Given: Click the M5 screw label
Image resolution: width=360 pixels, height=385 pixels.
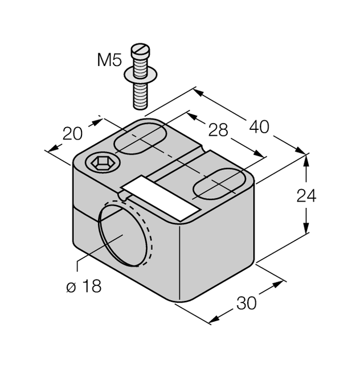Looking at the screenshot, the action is tap(109, 60).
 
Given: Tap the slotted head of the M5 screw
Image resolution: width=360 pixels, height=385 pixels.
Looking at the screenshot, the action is tap(141, 50).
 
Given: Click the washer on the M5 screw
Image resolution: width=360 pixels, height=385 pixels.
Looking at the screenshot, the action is tap(141, 75).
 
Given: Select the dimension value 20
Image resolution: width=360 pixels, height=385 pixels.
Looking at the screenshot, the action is tap(72, 134).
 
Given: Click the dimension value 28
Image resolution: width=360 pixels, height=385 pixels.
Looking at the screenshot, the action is tap(218, 130).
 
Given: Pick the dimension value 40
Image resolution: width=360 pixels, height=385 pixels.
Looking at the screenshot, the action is tap(259, 127).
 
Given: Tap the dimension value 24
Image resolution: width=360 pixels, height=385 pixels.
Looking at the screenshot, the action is tap(306, 196).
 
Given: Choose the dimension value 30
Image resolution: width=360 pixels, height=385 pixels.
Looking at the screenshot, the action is tap(246, 303).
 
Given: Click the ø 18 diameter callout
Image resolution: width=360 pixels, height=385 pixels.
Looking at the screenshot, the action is tap(84, 286).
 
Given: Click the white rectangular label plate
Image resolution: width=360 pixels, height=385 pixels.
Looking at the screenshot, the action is tap(161, 198).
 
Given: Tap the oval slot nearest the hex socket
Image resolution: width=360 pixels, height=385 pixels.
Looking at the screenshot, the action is tap(141, 139).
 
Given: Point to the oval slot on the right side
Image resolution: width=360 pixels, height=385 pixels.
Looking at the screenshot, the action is tap(219, 183).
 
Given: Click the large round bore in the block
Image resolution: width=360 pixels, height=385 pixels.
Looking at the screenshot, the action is tap(125, 234).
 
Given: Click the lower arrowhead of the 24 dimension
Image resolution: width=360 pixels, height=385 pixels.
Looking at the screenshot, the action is tap(306, 228).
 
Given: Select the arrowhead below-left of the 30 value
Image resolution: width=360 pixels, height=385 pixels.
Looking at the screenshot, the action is tap(214, 320).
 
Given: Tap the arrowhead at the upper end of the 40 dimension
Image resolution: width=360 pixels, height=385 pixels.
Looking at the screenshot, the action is tap(198, 93).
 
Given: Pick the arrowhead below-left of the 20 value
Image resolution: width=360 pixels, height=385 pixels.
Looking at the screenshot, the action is tap(54, 148).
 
